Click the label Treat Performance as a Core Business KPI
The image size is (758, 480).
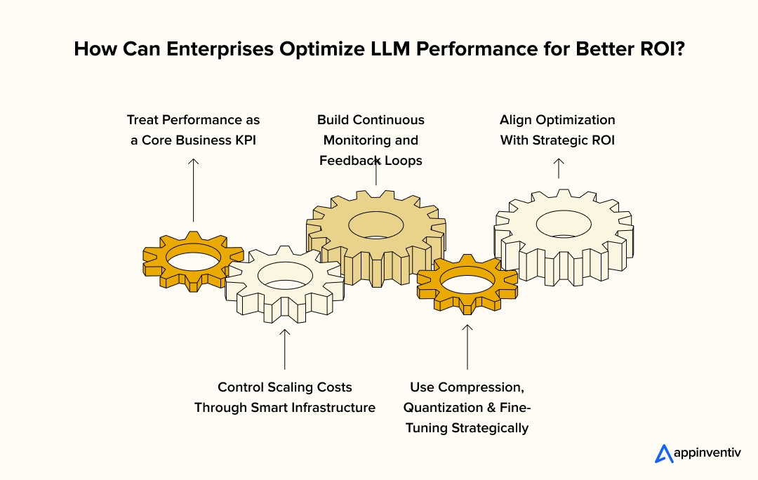point(194,130)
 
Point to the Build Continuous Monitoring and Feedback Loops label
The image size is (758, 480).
point(371,140)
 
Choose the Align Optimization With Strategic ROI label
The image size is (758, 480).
point(557,130)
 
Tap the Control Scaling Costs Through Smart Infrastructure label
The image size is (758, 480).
point(284,397)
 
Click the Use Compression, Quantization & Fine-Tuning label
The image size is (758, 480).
point(467,407)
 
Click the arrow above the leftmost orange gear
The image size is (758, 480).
point(194,189)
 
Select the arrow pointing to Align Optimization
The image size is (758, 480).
point(558,168)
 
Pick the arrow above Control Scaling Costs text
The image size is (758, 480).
point(284,349)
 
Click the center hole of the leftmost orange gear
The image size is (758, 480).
point(194,260)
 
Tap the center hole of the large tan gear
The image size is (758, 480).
point(376,225)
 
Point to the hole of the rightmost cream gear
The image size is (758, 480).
point(563,225)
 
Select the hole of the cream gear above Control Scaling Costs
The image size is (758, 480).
point(284,275)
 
